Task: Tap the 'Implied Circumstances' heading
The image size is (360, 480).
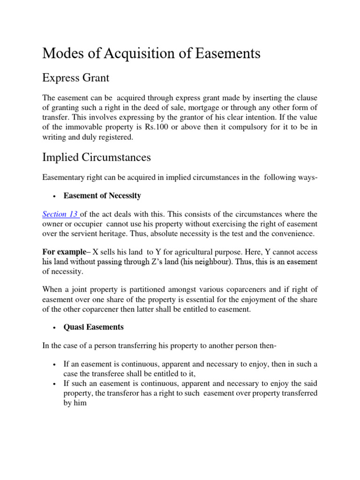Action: (97, 157)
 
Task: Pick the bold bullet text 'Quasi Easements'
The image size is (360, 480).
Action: (94, 327)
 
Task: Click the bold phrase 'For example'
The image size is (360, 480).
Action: (61, 252)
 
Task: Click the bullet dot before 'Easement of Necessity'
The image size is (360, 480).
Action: (55, 196)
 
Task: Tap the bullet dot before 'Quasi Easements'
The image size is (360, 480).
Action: (55, 327)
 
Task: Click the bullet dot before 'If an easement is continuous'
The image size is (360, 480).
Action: (55, 365)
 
